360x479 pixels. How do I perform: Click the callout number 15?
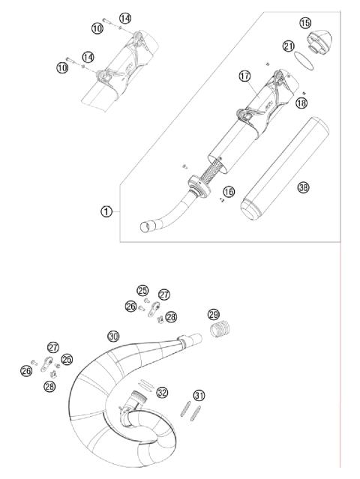point(305,24)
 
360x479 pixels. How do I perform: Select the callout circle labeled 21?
point(289,46)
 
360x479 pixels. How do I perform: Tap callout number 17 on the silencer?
point(244,76)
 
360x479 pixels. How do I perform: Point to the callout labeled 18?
point(301,103)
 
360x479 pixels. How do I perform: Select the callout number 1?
point(106,211)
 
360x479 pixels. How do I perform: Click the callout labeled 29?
point(214,314)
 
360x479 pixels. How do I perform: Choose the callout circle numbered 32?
point(162,391)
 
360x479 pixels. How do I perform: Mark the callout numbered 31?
point(199,395)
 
